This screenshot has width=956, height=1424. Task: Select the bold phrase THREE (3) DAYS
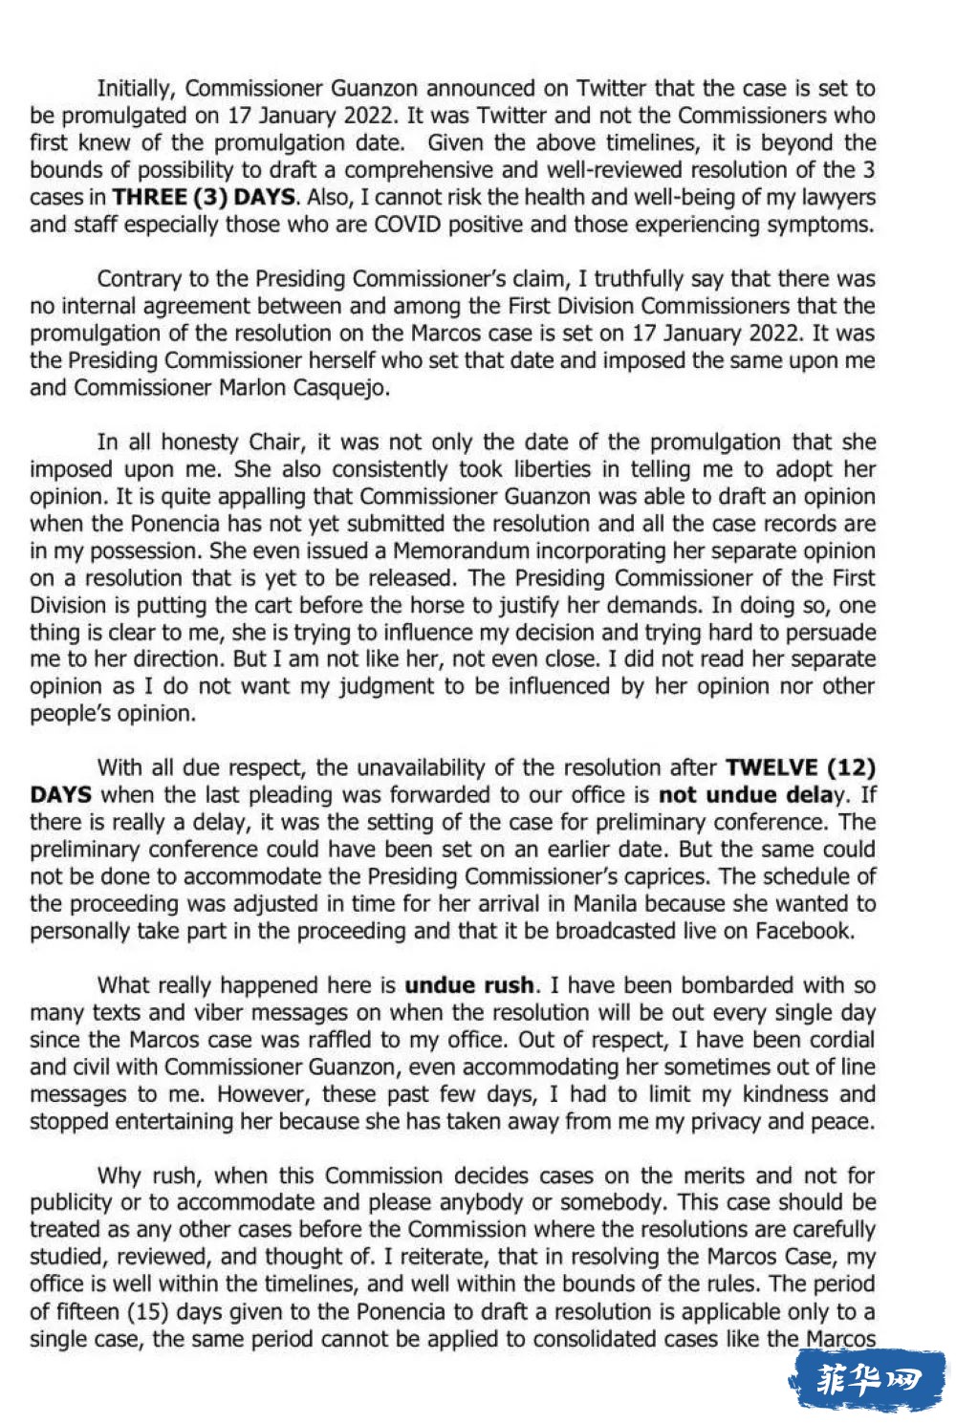pos(204,198)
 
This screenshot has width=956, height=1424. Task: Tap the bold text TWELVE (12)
pos(800,767)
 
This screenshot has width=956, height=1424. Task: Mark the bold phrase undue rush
pos(468,985)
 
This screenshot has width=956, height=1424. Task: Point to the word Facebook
pos(804,931)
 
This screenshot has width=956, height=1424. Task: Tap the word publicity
pos(74,1202)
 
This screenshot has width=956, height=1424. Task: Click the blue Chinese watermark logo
pos(866,1379)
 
